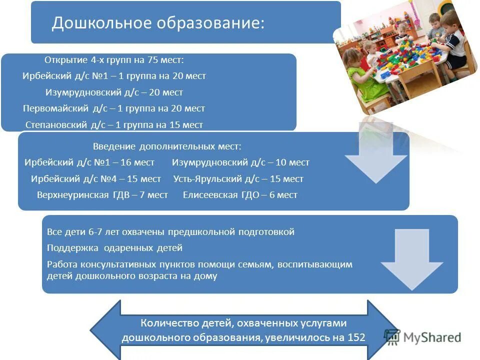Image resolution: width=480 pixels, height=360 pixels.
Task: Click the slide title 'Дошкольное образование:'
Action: point(158,23)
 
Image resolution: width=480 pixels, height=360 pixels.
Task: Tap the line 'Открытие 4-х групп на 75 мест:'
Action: point(114,60)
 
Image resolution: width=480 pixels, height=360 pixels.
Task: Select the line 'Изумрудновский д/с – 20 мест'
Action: point(114,92)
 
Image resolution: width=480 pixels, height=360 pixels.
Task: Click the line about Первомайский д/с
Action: point(114,108)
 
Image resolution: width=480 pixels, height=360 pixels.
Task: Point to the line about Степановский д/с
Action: point(114,124)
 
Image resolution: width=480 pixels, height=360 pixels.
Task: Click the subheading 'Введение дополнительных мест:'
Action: point(167,146)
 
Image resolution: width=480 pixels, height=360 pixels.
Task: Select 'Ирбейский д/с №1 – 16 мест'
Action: point(89,162)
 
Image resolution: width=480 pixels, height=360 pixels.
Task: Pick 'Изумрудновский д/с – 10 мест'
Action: point(240,162)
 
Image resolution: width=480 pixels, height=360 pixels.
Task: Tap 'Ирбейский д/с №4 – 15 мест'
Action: point(96,178)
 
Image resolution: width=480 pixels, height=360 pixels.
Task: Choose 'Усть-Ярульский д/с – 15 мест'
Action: point(238,178)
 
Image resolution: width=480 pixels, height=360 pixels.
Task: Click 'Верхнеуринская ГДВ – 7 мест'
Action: point(102,195)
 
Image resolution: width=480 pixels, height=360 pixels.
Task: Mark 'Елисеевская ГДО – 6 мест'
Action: point(240,195)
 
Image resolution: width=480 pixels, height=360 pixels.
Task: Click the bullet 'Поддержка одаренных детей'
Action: point(114,248)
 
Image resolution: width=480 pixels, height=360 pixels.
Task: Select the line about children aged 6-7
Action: point(170,232)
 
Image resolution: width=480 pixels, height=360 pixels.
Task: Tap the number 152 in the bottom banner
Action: point(356,337)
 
